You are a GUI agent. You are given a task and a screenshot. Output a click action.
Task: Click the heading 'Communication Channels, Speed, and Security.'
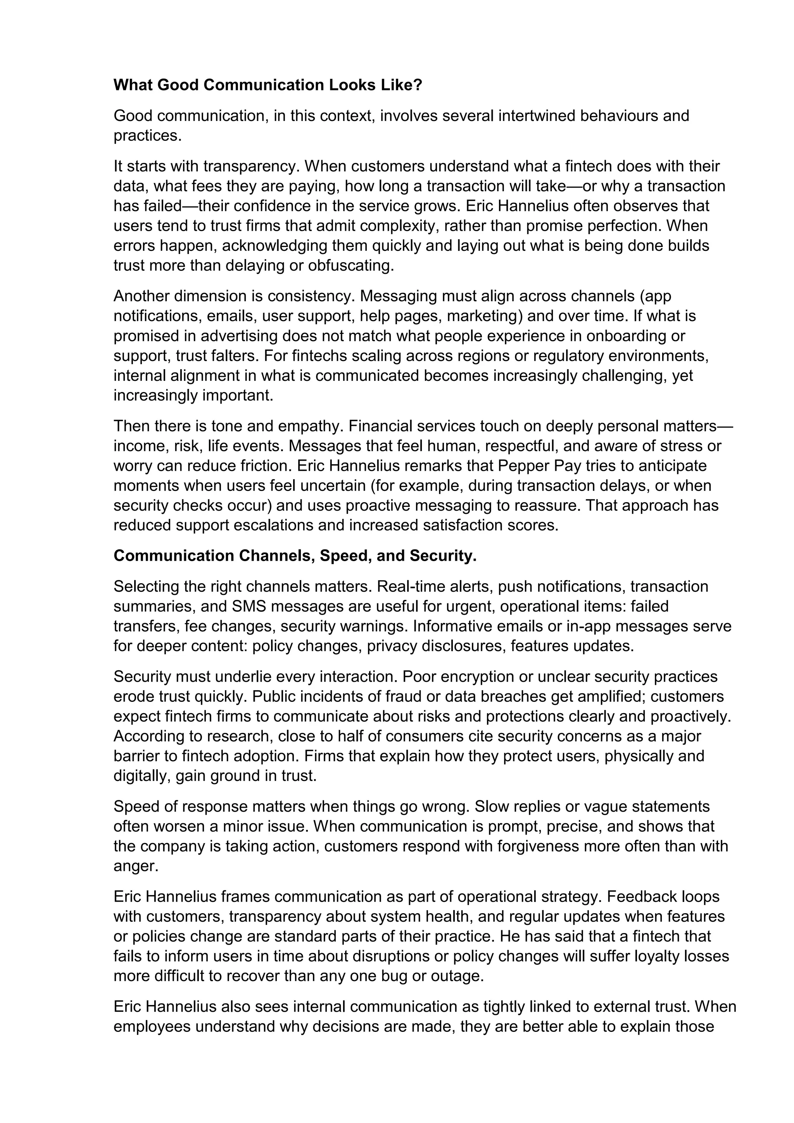pyautogui.click(x=295, y=556)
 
